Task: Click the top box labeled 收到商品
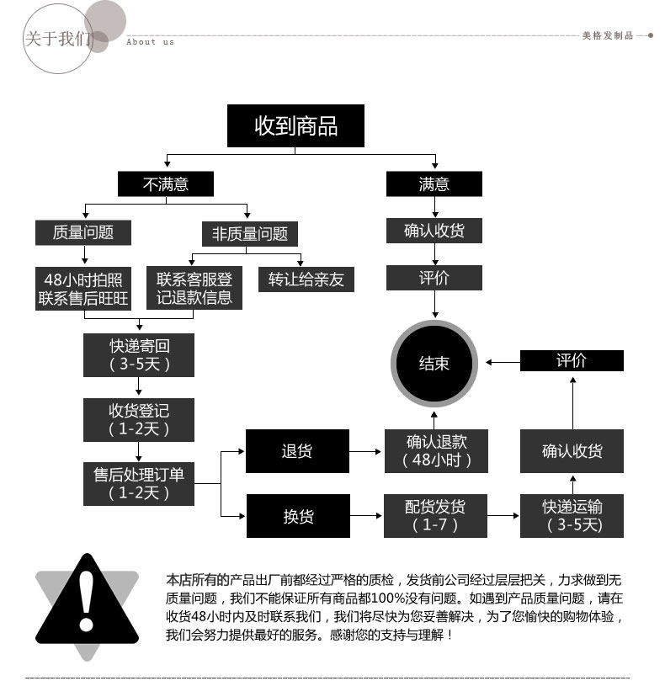tap(295, 125)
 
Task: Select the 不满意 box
tap(165, 184)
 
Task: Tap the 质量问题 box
tap(83, 232)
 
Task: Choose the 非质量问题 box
tap(250, 234)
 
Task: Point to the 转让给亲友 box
tap(306, 279)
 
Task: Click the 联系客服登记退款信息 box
tap(194, 288)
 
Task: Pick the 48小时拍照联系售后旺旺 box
tap(83, 289)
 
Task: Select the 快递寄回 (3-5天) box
tap(139, 355)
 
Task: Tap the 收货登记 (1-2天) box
tap(139, 419)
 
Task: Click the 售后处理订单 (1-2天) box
tap(139, 484)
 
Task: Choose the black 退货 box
tap(297, 451)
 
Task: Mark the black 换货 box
tap(298, 516)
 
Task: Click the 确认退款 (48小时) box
tap(436, 451)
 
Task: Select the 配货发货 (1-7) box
tap(436, 516)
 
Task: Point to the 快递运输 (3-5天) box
tap(572, 516)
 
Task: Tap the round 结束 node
tap(434, 363)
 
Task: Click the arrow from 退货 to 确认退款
tap(365, 452)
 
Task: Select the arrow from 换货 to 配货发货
tap(366, 516)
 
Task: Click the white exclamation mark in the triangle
tap(86, 601)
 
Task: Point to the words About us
tap(150, 42)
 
